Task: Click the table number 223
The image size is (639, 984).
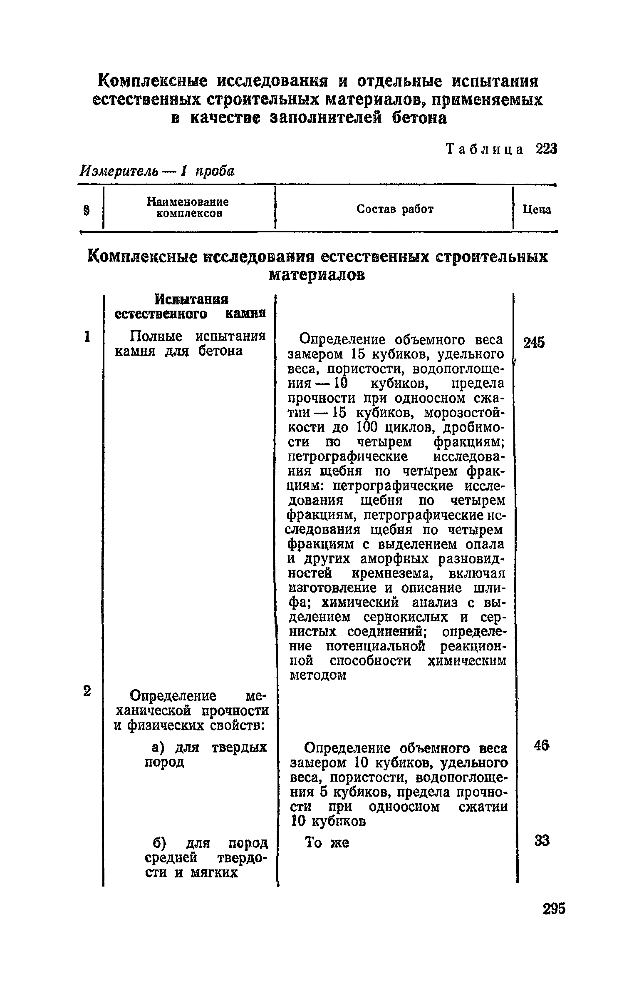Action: coord(546,149)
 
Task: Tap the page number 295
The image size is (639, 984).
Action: coord(554,908)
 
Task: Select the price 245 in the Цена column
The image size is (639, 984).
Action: coord(534,343)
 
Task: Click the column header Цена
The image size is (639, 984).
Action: coord(537,209)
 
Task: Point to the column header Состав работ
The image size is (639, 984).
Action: coord(395,209)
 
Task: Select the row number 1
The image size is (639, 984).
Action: coord(87,336)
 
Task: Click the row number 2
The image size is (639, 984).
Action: coord(87,690)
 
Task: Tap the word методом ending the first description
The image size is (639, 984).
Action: coord(317,675)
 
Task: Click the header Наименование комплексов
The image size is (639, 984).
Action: coord(188,208)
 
